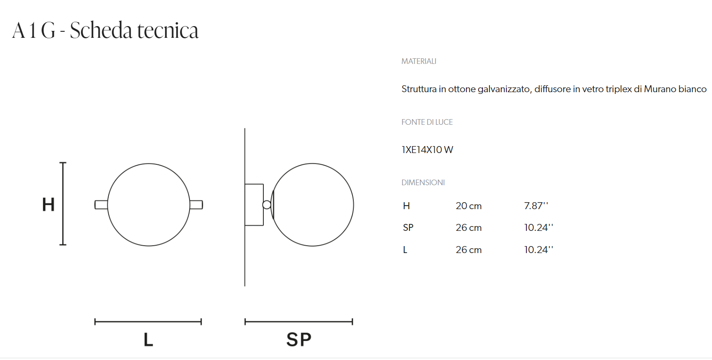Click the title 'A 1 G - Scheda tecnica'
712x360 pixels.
tap(105, 30)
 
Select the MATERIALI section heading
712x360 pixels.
tap(419, 61)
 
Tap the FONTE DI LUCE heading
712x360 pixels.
tap(427, 122)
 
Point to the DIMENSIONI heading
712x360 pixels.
tap(423, 183)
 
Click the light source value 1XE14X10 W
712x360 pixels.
tap(427, 150)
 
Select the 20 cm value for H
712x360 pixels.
tap(468, 206)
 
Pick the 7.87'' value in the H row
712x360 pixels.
tap(536, 206)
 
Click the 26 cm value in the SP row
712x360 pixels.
tap(468, 228)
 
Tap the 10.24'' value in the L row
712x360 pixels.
tap(538, 250)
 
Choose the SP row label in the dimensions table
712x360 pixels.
tap(408, 228)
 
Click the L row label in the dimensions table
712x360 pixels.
tap(405, 250)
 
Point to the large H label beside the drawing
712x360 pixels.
tap(48, 205)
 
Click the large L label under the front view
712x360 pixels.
tap(148, 340)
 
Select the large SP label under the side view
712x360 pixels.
tap(299, 340)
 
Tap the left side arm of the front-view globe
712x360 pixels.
tap(101, 205)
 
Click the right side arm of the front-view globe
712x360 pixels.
tap(196, 205)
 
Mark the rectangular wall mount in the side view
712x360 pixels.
tap(254, 205)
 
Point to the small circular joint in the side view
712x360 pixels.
tap(267, 205)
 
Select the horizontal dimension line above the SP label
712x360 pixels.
tap(299, 322)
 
